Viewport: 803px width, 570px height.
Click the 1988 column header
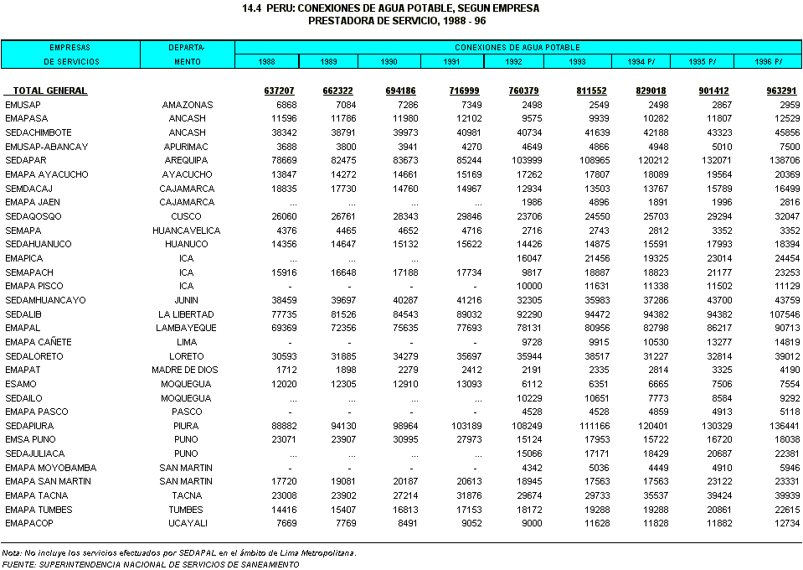click(x=266, y=62)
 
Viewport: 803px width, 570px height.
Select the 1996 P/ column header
click(x=767, y=62)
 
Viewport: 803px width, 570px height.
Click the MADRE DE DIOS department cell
click(x=185, y=370)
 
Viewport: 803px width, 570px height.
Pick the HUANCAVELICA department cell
click(x=186, y=231)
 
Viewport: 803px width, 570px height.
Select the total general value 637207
click(x=279, y=91)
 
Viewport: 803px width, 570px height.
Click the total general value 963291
click(x=782, y=91)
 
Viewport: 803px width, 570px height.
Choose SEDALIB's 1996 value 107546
click(x=782, y=313)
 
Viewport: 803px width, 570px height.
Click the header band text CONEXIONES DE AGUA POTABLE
click(x=517, y=48)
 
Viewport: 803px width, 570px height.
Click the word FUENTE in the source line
click(x=18, y=565)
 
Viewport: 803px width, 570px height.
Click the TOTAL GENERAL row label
click(x=50, y=91)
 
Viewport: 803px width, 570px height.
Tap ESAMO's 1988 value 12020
click(x=281, y=384)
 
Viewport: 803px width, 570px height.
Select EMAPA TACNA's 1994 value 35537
click(x=655, y=495)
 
